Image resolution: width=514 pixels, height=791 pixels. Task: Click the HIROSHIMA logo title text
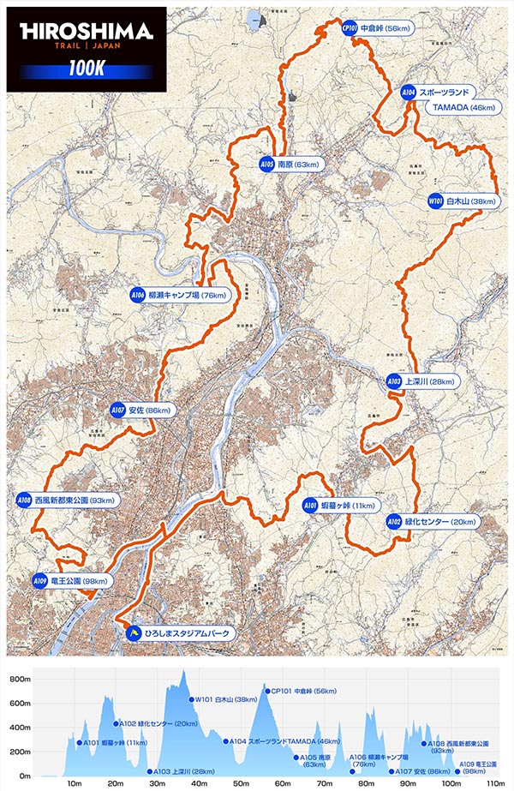click(85, 32)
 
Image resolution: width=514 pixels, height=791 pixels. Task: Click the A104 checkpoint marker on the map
click(409, 91)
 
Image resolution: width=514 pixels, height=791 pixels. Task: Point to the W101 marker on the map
click(434, 201)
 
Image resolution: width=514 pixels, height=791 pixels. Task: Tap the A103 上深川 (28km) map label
click(420, 381)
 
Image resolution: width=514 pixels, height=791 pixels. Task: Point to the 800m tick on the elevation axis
click(19, 679)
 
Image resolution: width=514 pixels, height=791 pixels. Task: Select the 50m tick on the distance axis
click(241, 782)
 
